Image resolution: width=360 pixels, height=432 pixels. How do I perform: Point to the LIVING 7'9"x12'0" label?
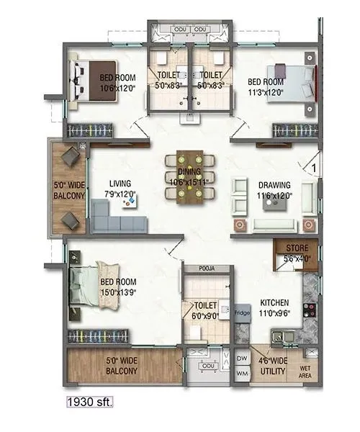pos(115,189)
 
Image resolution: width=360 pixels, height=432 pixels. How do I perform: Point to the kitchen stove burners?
pos(311,311)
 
